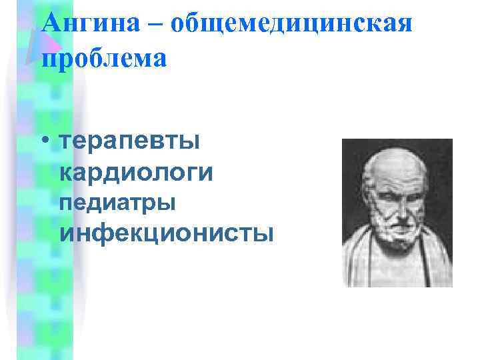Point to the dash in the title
pyautogui.click(x=157, y=25)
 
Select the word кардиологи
pyautogui.click(x=137, y=173)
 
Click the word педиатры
pyautogui.click(x=118, y=203)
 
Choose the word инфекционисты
pyautogui.click(x=167, y=233)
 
